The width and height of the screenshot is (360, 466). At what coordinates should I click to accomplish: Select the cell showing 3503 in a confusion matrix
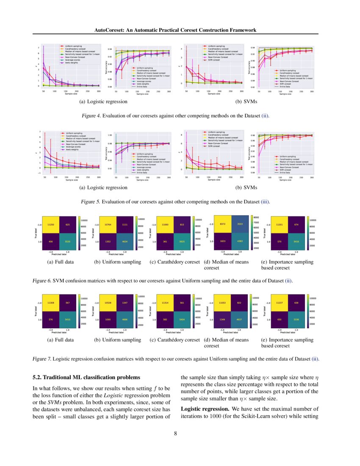pos(239,225)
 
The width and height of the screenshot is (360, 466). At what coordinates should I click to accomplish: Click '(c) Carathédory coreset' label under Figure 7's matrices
pos(175,340)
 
